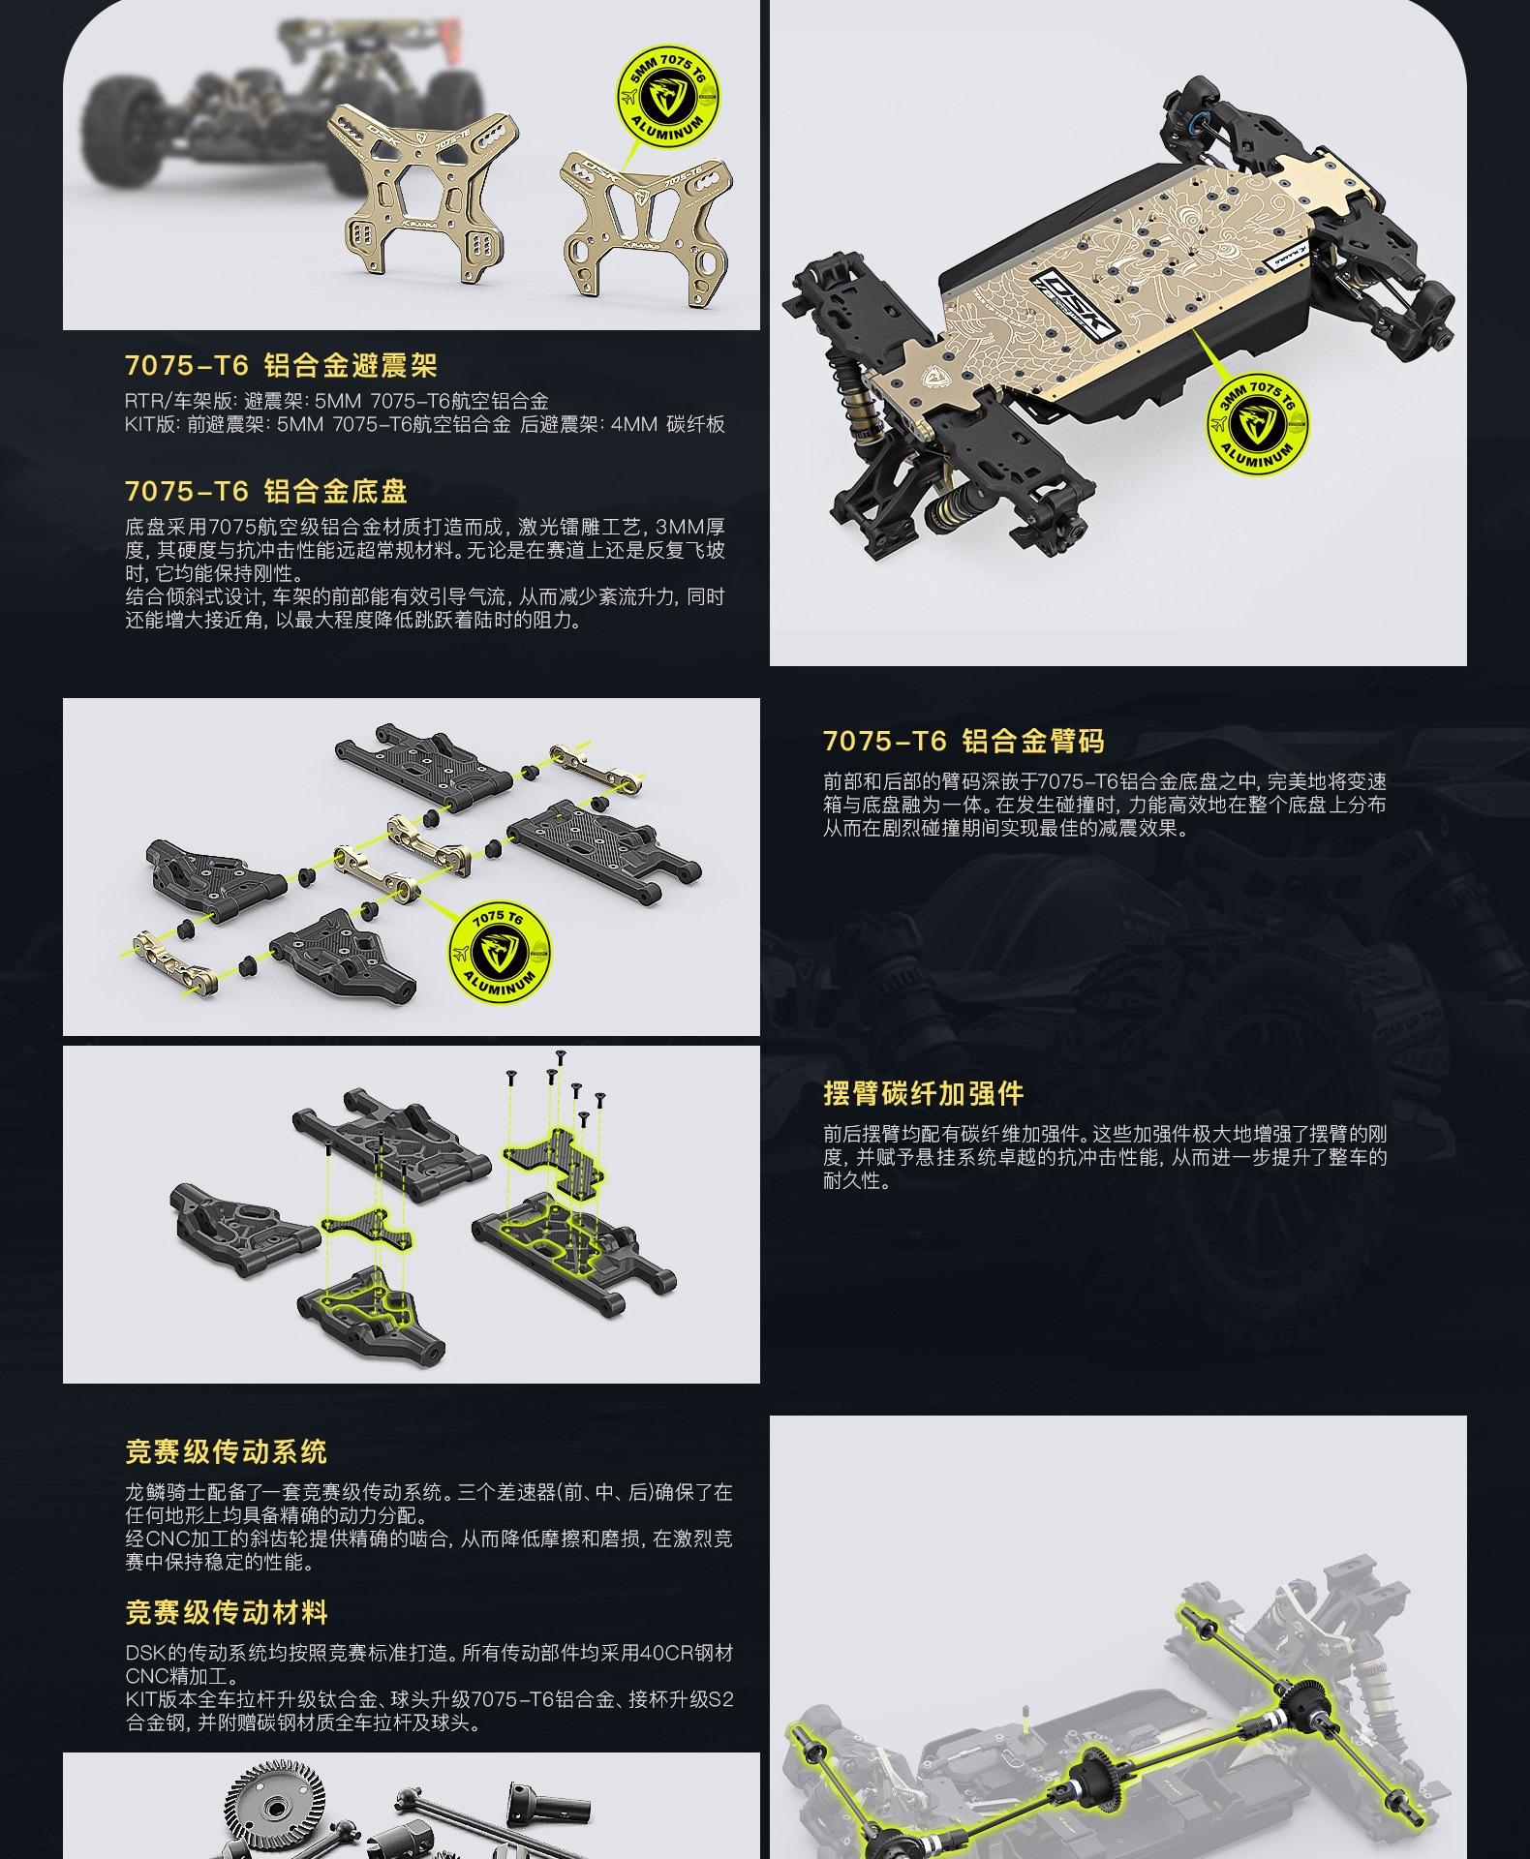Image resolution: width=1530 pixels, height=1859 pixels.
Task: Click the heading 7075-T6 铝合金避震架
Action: [281, 366]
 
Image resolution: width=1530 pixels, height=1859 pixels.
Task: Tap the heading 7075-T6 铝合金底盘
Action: [266, 491]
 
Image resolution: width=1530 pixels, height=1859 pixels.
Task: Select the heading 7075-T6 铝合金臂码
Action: [964, 742]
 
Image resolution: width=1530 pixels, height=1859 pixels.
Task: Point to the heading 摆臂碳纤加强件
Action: [923, 1094]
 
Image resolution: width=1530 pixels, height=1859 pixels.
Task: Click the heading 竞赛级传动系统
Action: [226, 1452]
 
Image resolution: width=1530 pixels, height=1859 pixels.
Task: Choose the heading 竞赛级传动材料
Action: [226, 1613]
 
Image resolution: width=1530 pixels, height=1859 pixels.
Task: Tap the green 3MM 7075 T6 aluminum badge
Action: [1258, 424]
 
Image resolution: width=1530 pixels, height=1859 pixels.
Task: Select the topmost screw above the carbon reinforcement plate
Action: [560, 1058]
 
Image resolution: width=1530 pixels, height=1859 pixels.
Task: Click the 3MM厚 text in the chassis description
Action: [690, 527]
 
